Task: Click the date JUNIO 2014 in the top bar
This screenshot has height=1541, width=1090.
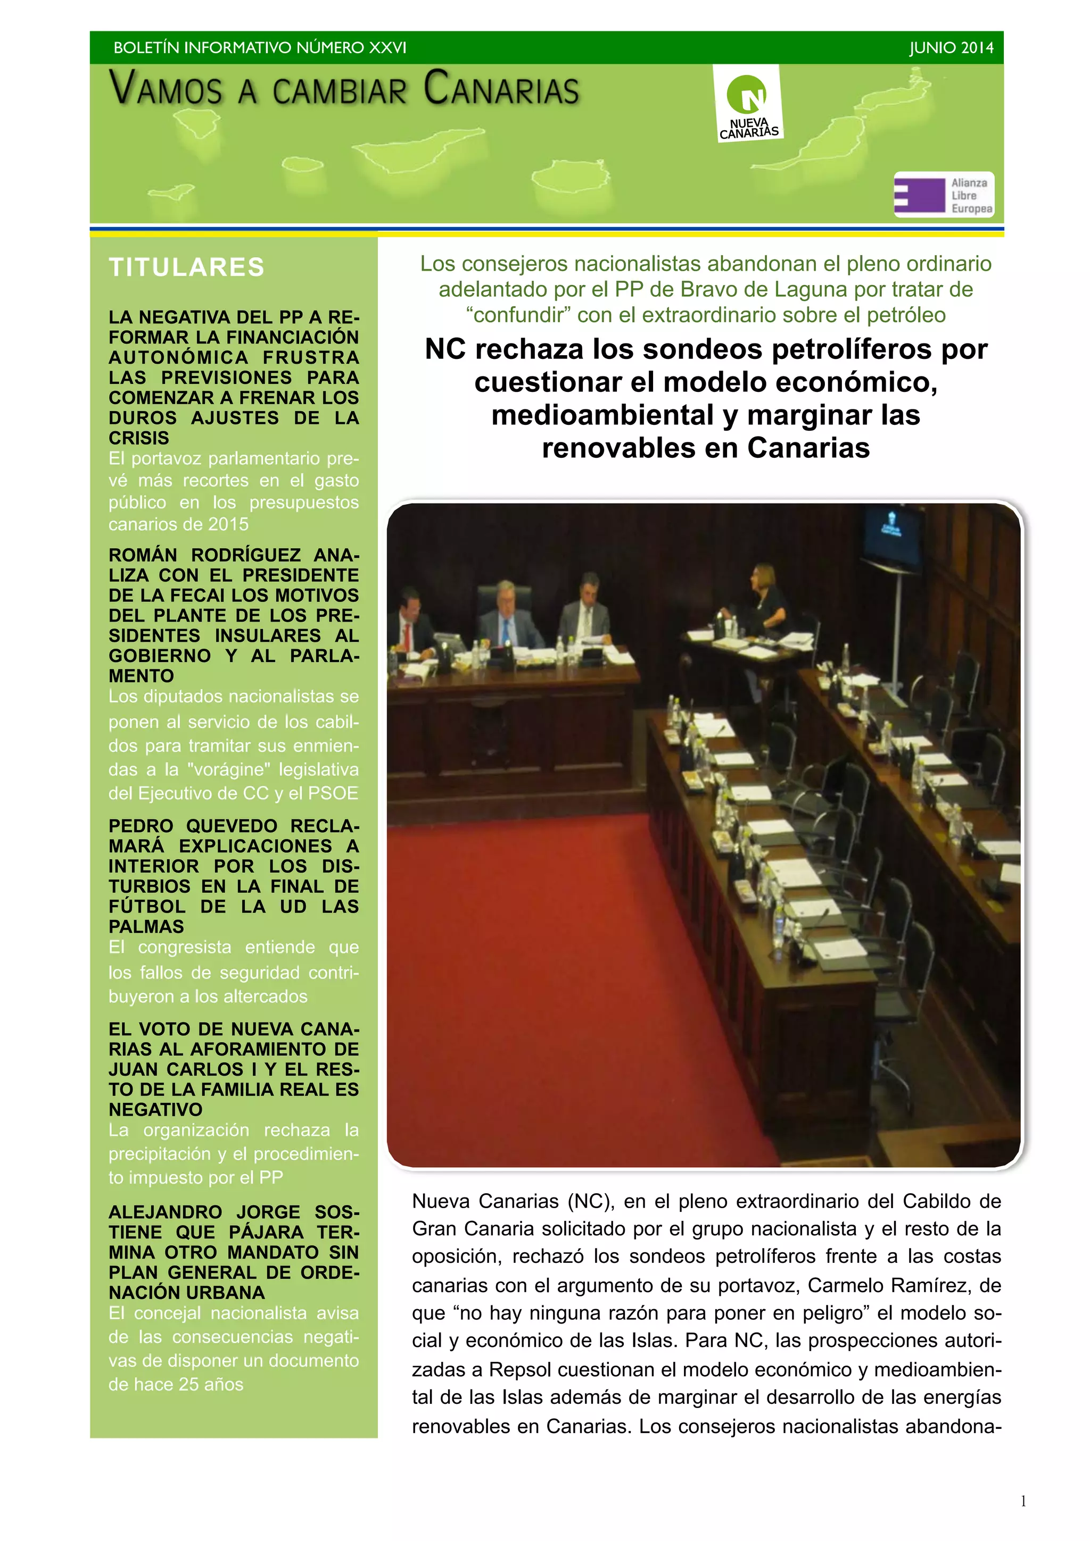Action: coord(951,48)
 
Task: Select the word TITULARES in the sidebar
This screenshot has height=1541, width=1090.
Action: coord(187,267)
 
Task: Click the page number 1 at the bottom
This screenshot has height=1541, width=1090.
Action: coord(1023,1501)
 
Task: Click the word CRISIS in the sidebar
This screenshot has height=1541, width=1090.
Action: coord(139,438)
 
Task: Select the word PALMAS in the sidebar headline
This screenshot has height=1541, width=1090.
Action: coord(146,926)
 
